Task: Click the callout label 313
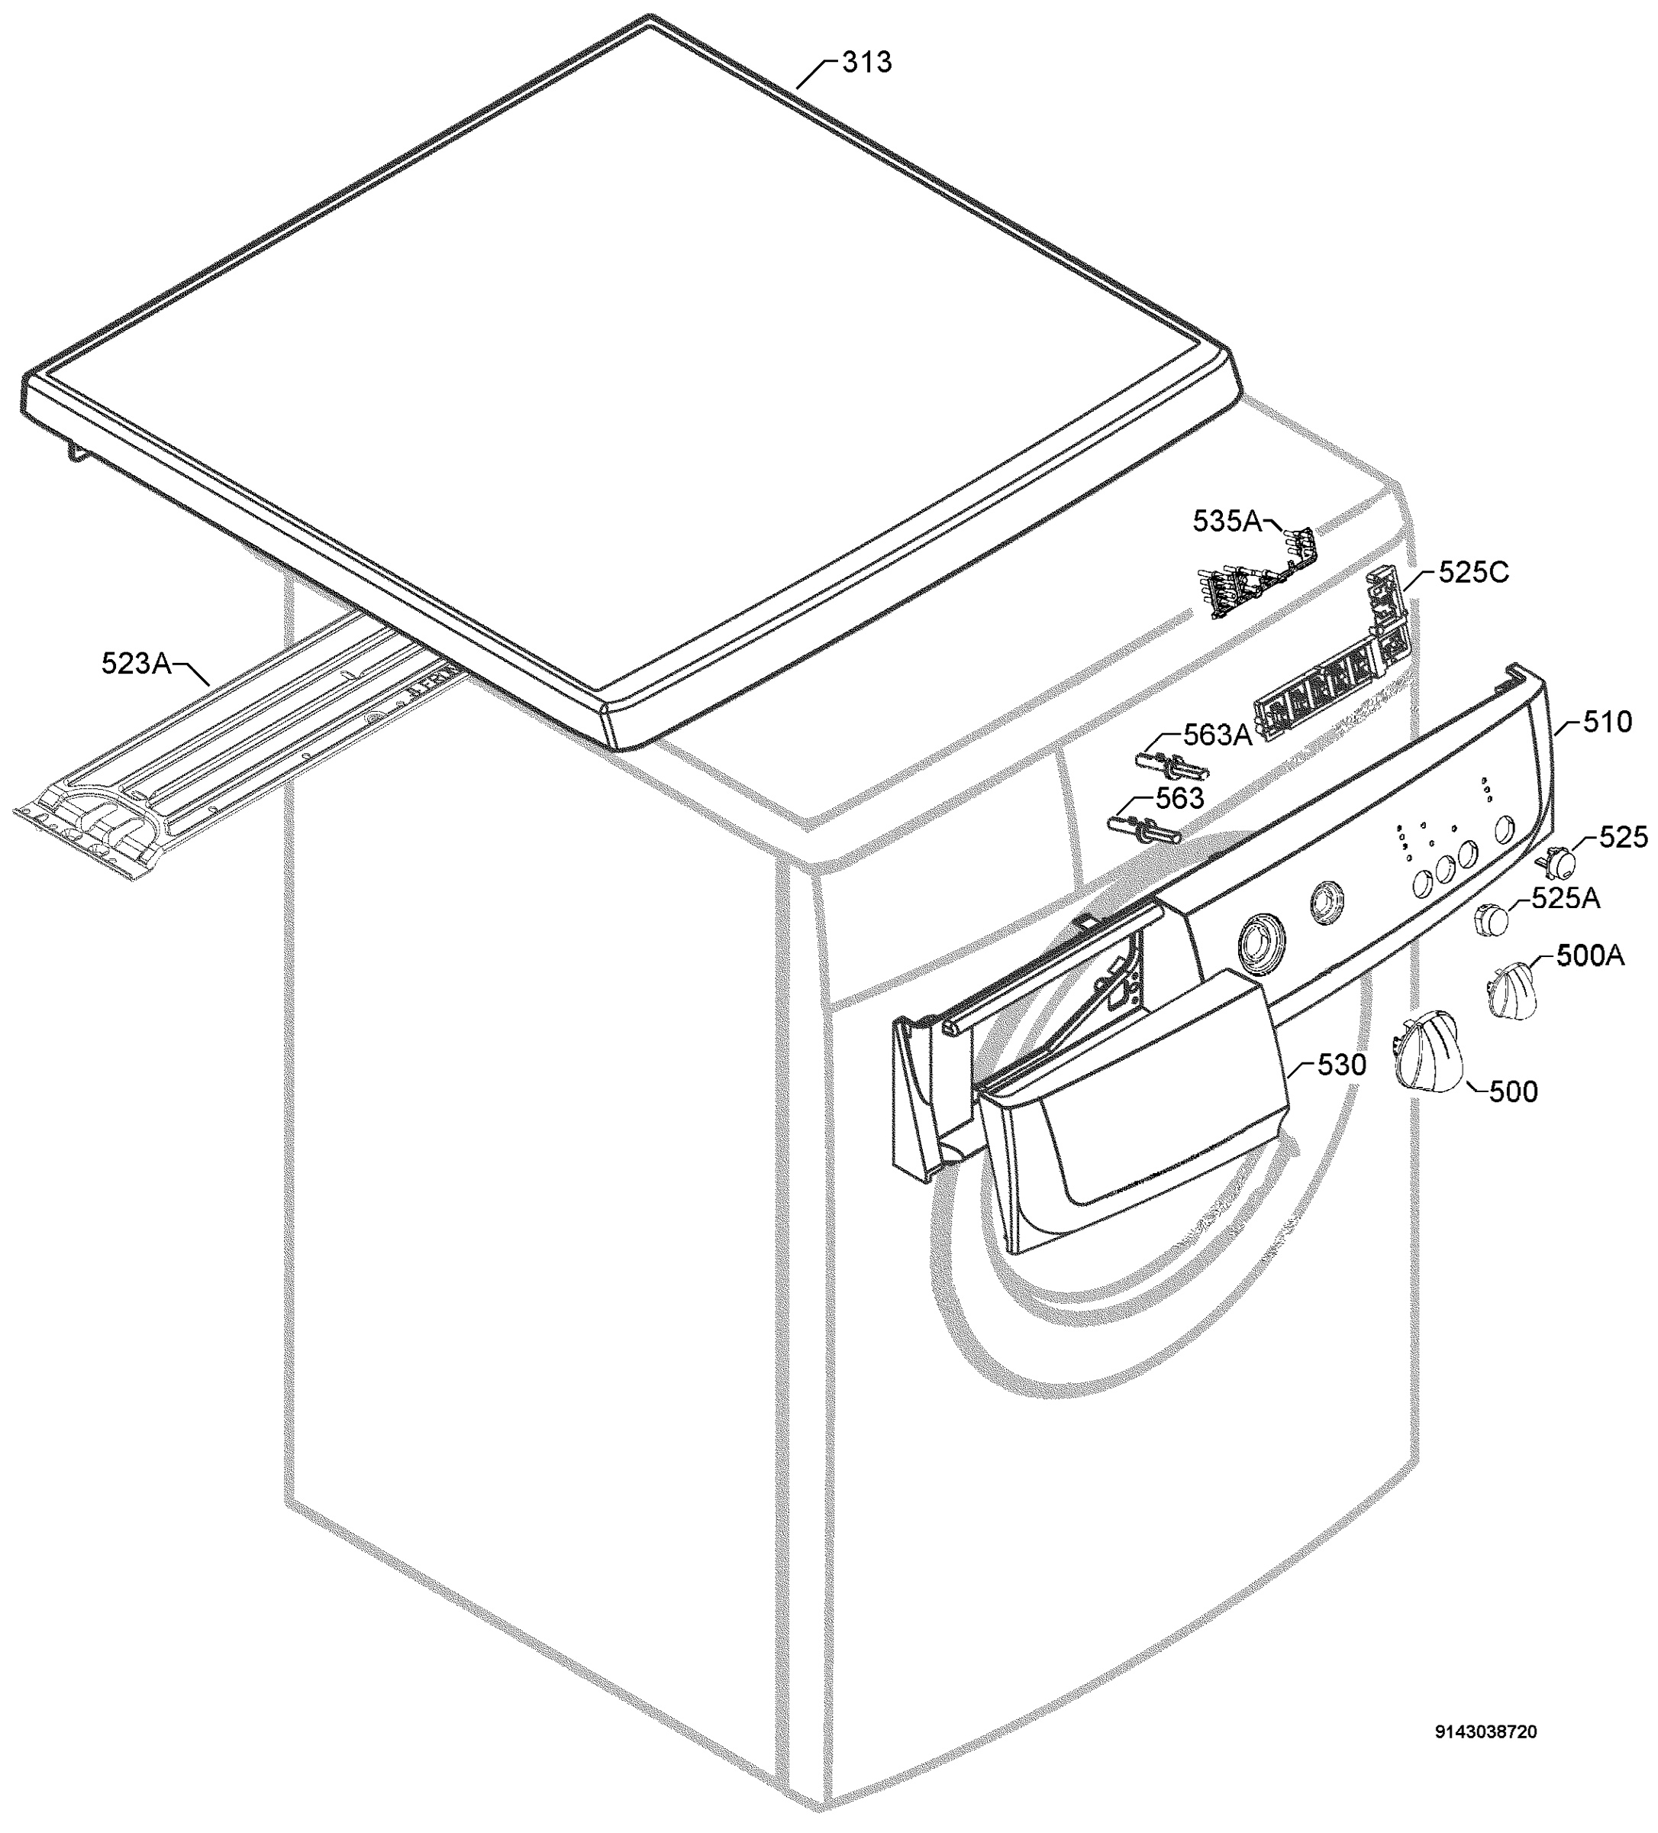(x=866, y=63)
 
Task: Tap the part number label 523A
(x=137, y=664)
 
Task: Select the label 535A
(x=1227, y=521)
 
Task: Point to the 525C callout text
(x=1473, y=572)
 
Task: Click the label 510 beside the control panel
(x=1607, y=722)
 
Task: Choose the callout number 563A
(x=1217, y=734)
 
